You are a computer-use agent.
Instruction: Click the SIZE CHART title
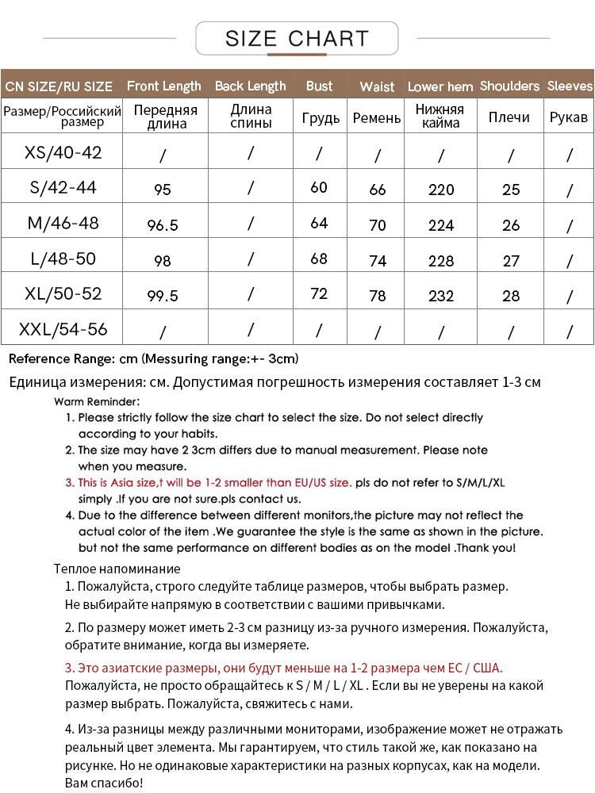[297, 38]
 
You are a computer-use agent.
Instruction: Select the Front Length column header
[164, 86]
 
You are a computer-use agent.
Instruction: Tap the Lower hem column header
[440, 86]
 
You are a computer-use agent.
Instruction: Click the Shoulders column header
[509, 86]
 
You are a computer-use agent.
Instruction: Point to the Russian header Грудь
[321, 117]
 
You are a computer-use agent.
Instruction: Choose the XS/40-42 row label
[63, 152]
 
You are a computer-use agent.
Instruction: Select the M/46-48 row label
[63, 223]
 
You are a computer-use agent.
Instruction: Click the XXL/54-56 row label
[63, 328]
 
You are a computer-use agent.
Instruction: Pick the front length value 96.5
[163, 226]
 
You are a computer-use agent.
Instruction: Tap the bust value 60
[319, 187]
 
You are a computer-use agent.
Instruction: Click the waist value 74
[378, 261]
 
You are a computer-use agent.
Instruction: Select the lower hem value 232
[441, 296]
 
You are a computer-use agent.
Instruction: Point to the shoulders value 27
[511, 261]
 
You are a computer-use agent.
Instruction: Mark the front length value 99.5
[163, 296]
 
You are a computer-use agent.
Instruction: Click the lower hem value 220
[441, 190]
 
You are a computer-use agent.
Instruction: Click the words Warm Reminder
[97, 401]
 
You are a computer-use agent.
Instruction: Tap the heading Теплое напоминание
[117, 569]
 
